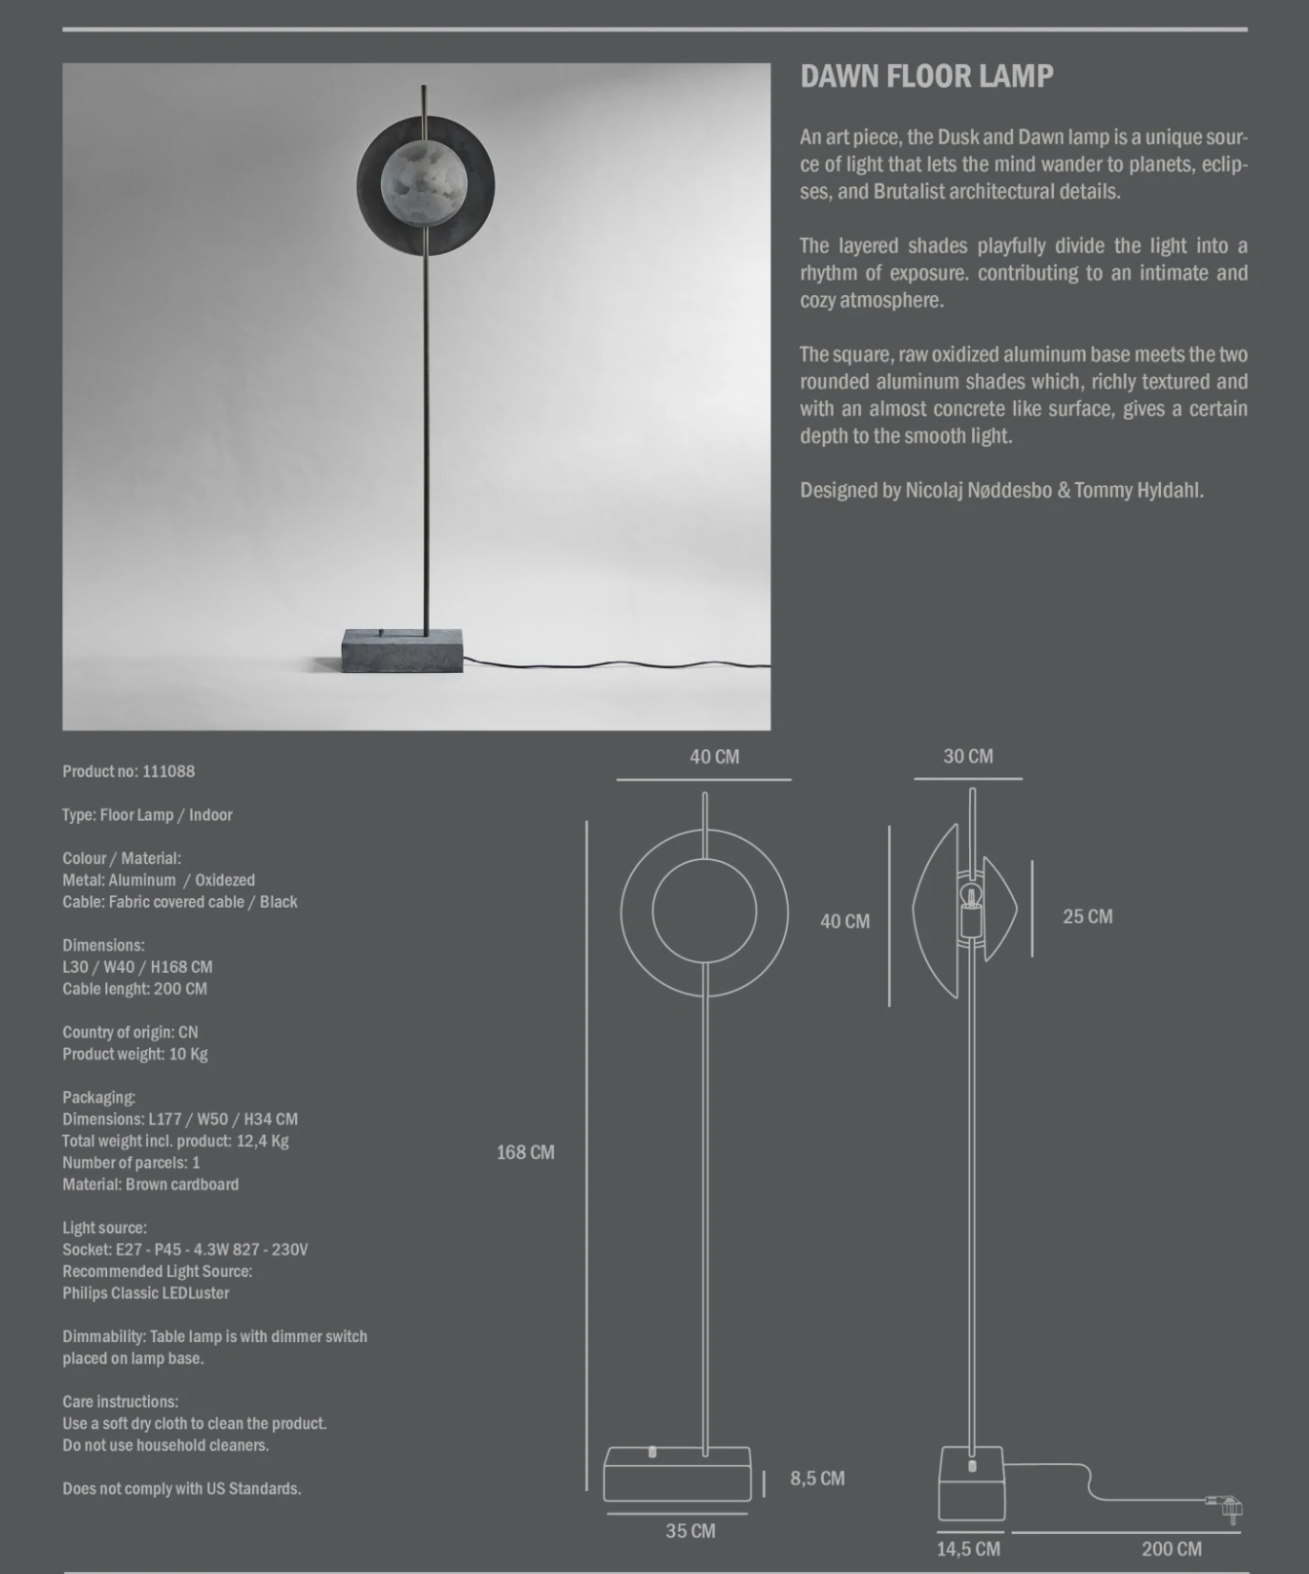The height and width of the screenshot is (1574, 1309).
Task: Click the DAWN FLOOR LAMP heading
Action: coord(926,77)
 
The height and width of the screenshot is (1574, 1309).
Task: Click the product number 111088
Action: coord(168,771)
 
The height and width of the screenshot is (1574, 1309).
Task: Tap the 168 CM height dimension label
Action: coord(525,1152)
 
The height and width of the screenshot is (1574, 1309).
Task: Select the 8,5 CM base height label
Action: coord(817,1479)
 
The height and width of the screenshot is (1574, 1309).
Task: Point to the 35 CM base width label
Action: coord(691,1531)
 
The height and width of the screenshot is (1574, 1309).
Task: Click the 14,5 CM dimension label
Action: coord(968,1549)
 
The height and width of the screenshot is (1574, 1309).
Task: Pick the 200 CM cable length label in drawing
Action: coord(1172,1549)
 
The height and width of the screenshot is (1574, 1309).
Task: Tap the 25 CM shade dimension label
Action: coord(1087,917)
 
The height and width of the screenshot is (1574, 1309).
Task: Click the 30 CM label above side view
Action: coord(968,757)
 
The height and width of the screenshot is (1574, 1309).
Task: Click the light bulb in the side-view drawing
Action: coord(970,895)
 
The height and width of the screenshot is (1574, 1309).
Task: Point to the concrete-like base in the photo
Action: coord(402,652)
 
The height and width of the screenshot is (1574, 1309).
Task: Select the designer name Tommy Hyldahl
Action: coord(1139,490)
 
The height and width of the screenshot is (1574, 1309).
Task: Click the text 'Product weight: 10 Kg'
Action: coord(135,1054)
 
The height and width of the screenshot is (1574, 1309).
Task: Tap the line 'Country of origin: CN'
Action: coord(131,1032)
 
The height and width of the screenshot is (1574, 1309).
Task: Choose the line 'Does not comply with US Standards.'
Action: coord(182,1488)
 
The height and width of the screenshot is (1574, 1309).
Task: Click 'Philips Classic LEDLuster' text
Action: coord(146,1293)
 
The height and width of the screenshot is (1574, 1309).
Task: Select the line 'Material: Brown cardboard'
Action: coord(151,1184)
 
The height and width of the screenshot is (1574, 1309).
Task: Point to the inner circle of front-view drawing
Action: coord(704,912)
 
